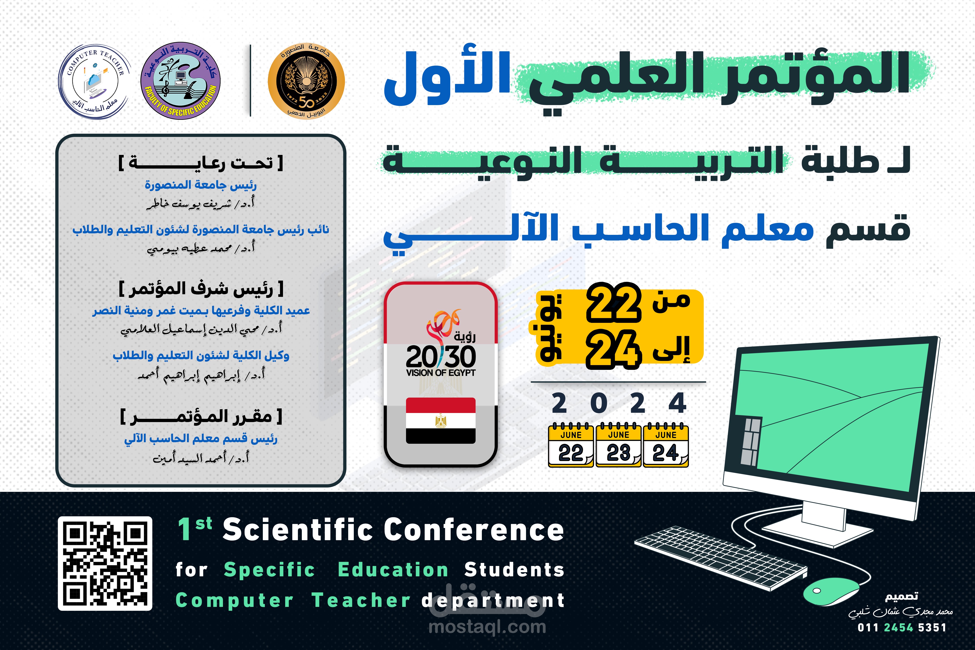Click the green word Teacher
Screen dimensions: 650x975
361,600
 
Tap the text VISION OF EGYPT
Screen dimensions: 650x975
441,373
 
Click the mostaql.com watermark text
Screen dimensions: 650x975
487,627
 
